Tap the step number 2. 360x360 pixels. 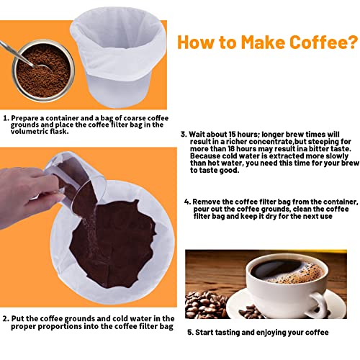[x=6, y=318]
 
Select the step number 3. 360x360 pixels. [x=184, y=134]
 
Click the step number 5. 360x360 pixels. [x=189, y=333]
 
